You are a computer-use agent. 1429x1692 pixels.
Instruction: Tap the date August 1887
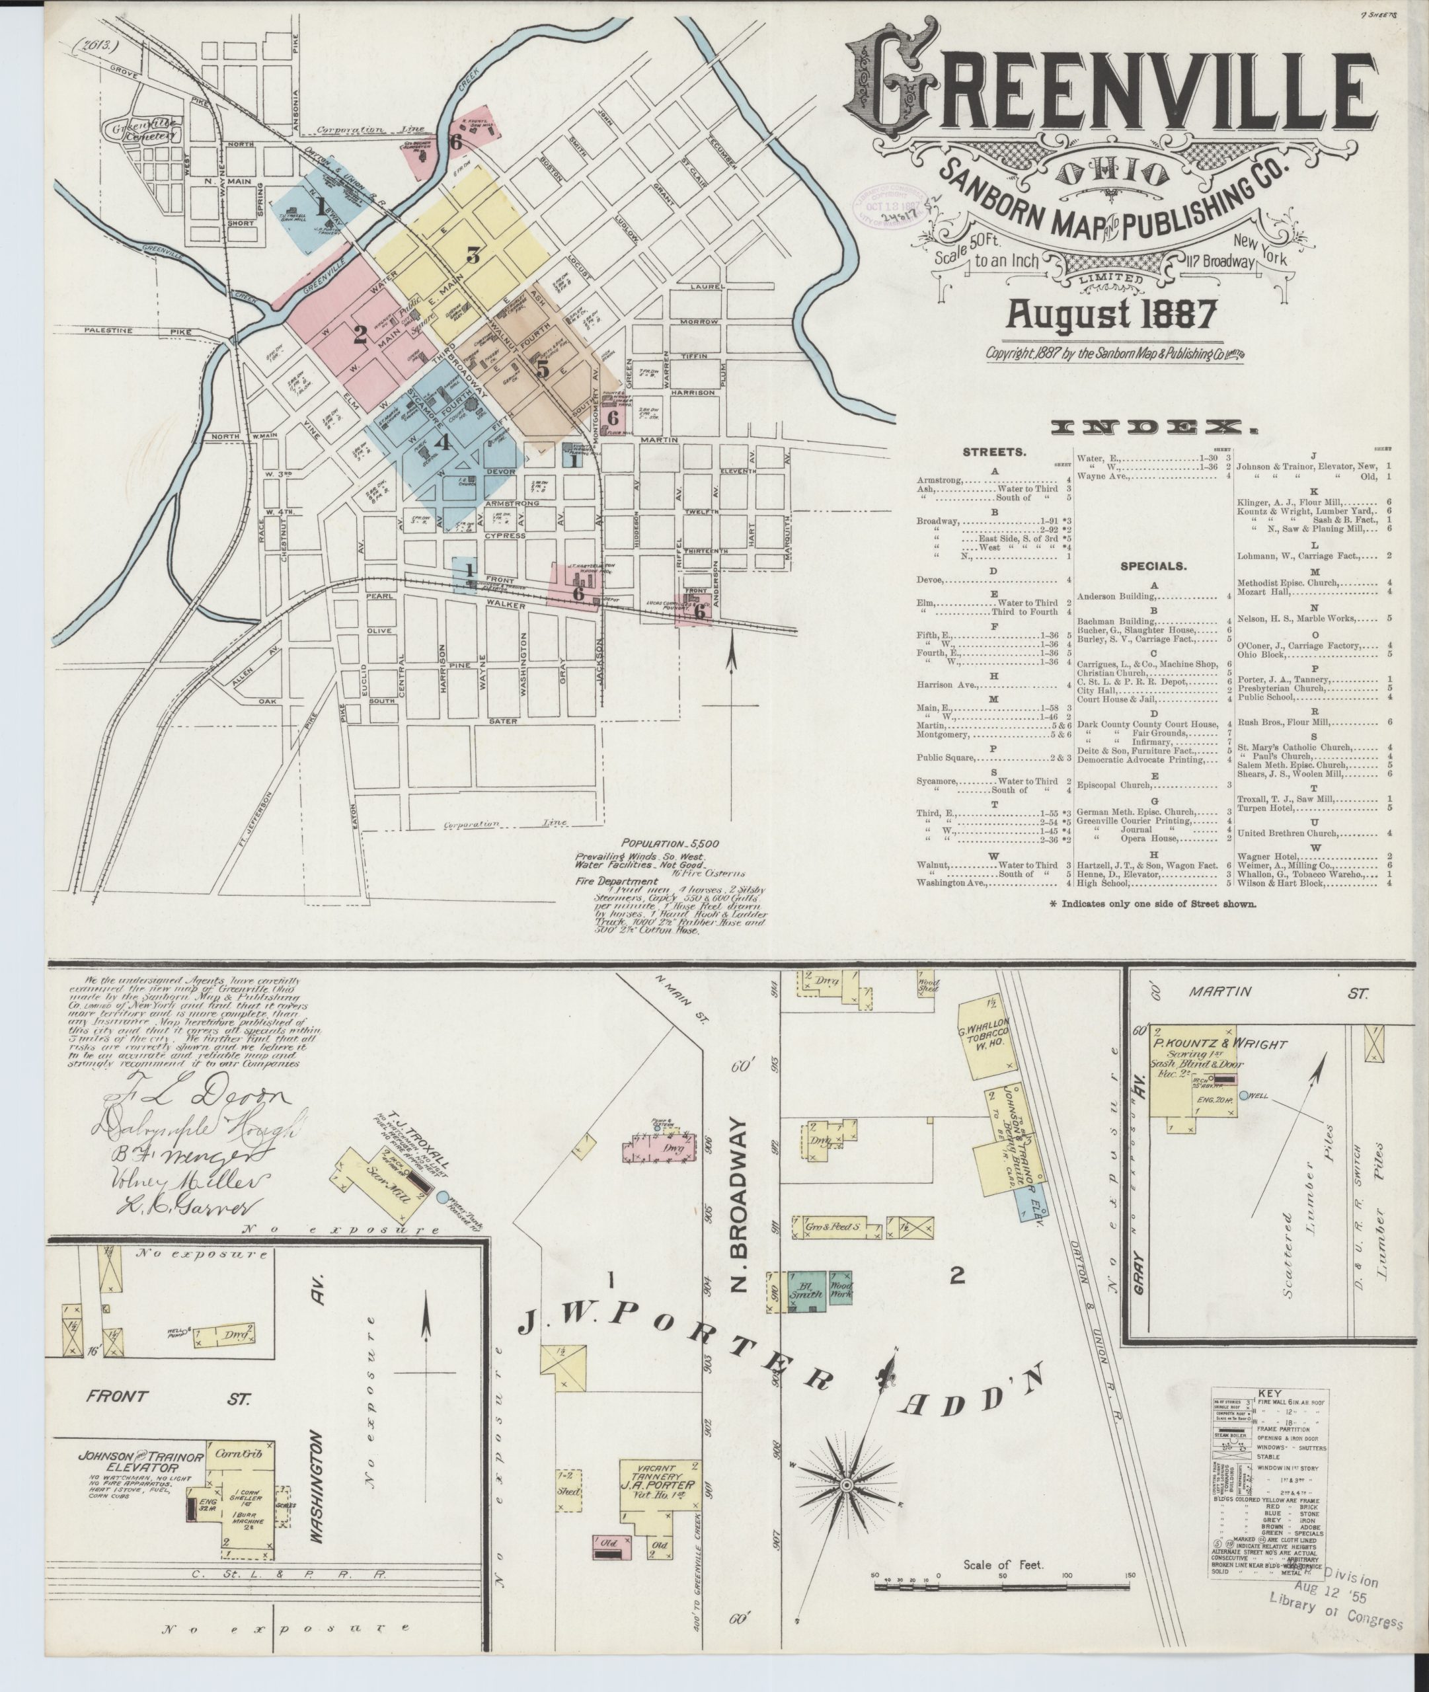(1110, 313)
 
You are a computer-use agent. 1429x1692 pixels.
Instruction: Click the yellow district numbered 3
(473, 254)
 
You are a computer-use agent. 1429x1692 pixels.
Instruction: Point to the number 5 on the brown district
(542, 369)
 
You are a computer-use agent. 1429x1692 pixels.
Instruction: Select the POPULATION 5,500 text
(670, 843)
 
